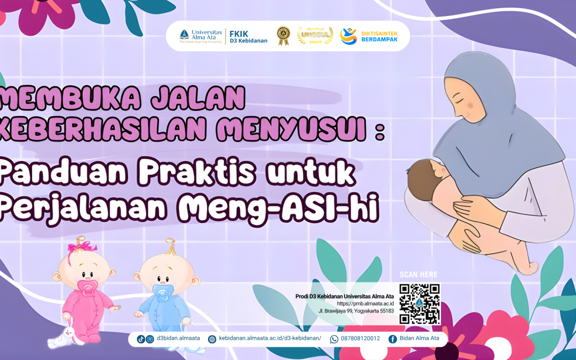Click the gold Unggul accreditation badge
tap(315, 36)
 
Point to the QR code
tap(420, 303)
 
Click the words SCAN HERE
tap(419, 275)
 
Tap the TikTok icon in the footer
tap(141, 339)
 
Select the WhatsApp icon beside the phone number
tap(334, 339)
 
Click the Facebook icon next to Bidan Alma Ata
tap(393, 339)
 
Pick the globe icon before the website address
tap(212, 339)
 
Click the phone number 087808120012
tap(361, 339)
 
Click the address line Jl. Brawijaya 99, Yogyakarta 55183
tap(356, 310)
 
